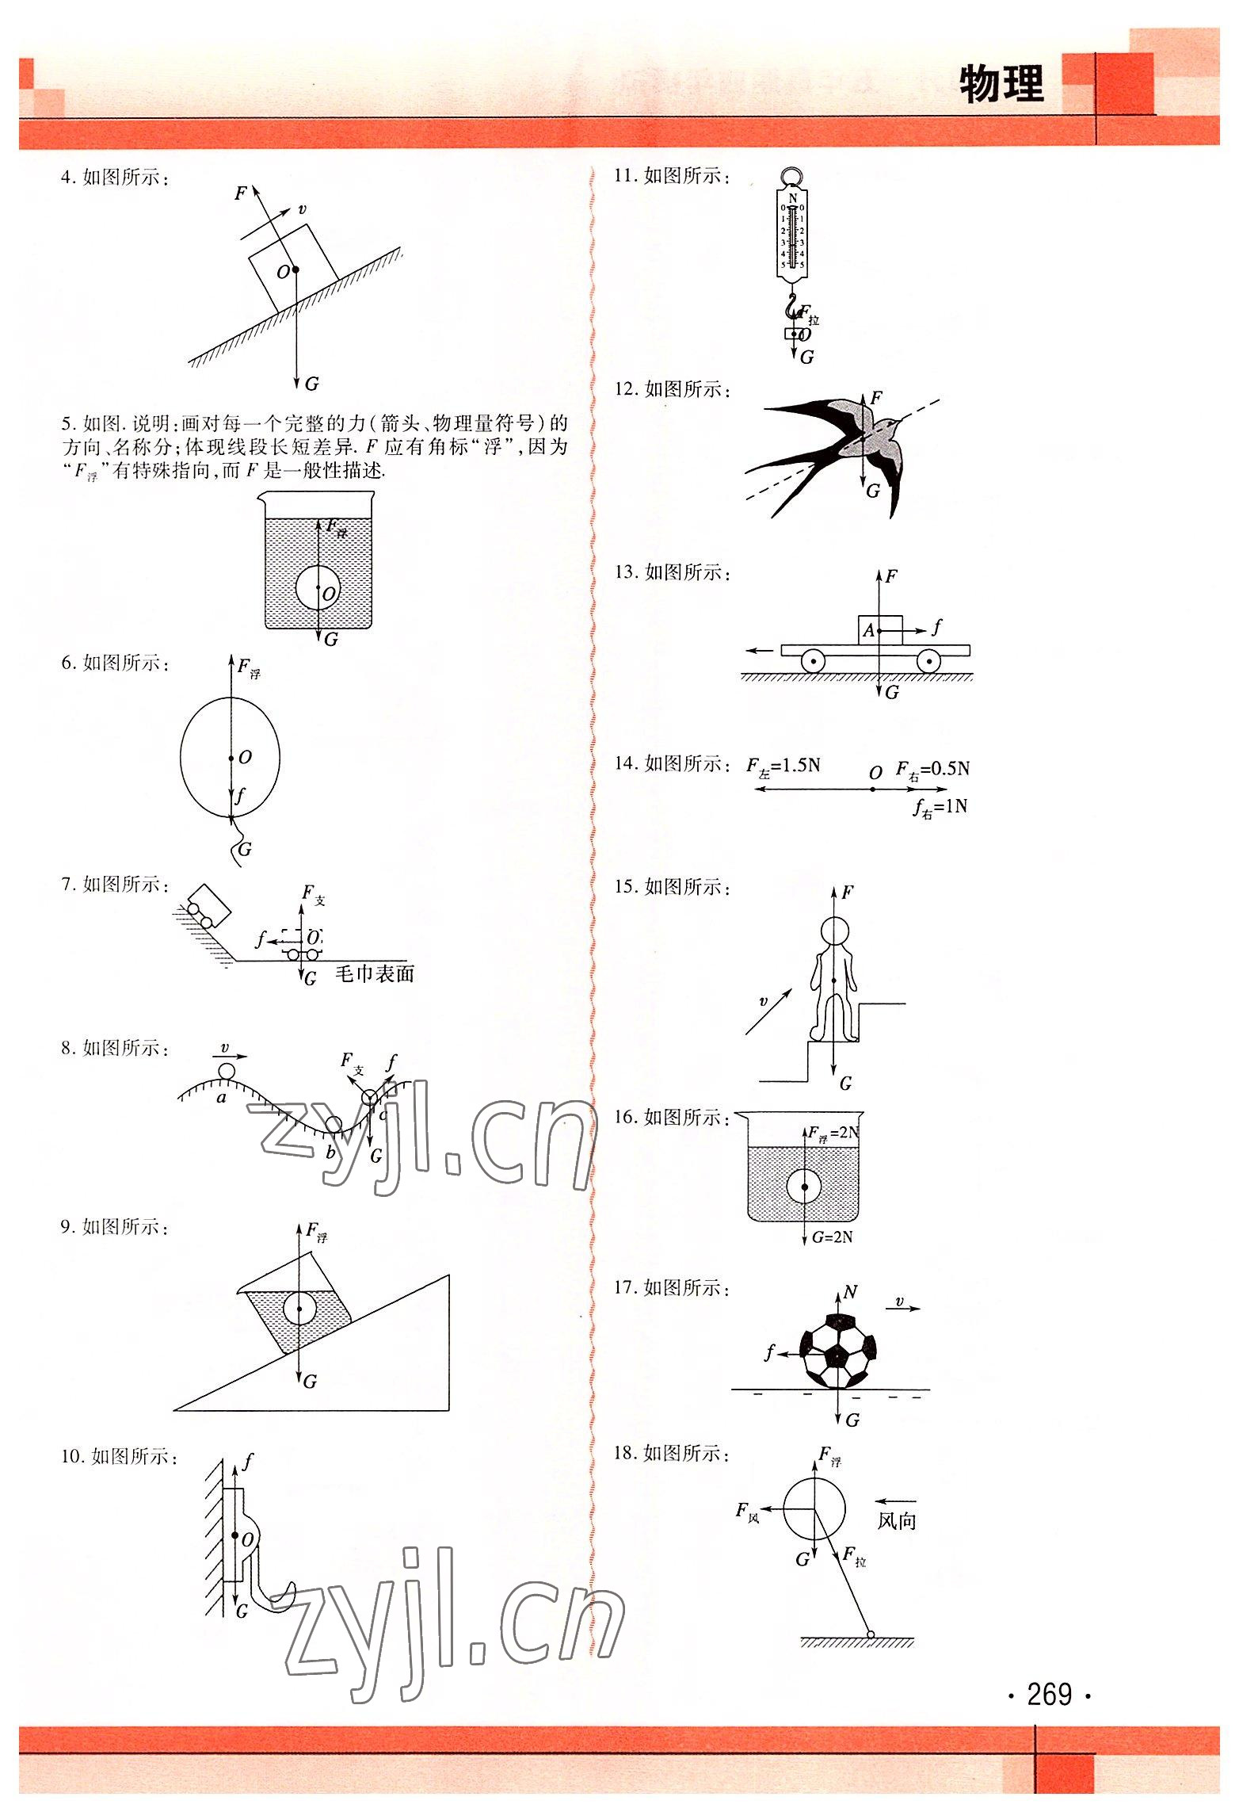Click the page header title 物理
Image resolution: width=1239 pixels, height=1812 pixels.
(x=1001, y=85)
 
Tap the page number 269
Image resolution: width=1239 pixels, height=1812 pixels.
(x=1049, y=1695)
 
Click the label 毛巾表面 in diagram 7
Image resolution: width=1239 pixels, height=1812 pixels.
(x=375, y=974)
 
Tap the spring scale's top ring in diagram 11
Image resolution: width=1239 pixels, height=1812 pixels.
(x=792, y=176)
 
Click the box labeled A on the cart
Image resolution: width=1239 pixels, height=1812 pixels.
(x=879, y=629)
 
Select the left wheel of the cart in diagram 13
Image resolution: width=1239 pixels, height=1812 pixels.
(x=813, y=660)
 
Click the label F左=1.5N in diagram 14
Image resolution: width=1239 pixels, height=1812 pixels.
(x=783, y=766)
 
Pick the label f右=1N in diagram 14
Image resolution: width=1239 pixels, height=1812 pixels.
(x=940, y=808)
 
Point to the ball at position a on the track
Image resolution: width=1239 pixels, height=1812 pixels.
(x=227, y=1072)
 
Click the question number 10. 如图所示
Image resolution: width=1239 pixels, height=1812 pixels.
(x=119, y=1457)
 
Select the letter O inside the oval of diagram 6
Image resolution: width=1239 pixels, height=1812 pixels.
(x=246, y=758)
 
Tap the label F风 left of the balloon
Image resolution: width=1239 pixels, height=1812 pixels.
(x=748, y=1511)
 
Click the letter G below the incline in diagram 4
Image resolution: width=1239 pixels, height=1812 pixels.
(x=311, y=384)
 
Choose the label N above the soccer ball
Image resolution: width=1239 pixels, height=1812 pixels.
(x=850, y=1292)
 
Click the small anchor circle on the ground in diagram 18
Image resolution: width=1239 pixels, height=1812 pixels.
(x=870, y=1634)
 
